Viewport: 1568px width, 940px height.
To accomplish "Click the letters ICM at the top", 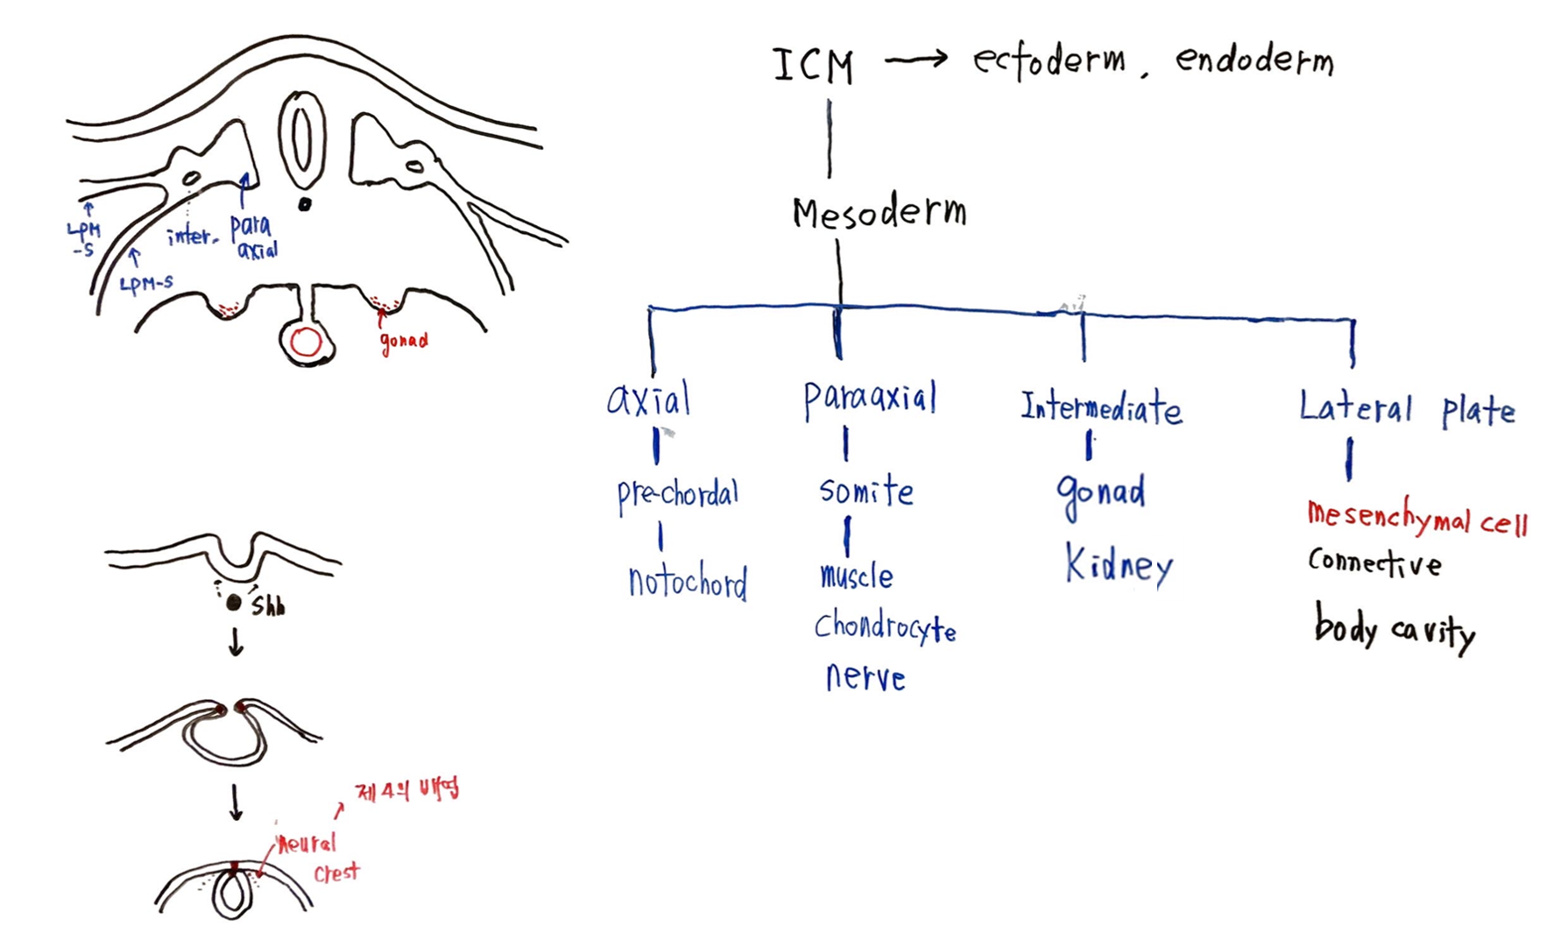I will [812, 67].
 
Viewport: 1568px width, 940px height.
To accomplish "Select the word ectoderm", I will [1049, 61].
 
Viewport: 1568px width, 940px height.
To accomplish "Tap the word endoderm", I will [1254, 60].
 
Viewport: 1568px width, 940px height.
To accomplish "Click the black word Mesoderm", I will [879, 213].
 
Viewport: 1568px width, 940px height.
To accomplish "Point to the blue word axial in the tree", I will [649, 400].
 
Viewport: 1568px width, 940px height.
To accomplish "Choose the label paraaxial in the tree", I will [870, 399].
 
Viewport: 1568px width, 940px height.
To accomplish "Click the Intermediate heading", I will [1101, 408].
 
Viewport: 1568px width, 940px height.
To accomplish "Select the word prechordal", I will [678, 495].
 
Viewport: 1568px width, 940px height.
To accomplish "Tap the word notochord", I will [688, 583].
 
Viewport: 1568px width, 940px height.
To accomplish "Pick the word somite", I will [866, 491].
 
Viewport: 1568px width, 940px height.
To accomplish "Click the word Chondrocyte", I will [885, 628].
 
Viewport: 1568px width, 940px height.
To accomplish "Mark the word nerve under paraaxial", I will [865, 677].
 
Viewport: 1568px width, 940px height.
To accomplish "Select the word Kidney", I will [1119, 566].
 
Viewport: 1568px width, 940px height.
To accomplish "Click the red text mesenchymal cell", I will [1416, 519].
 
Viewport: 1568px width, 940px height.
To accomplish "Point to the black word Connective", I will [1374, 562].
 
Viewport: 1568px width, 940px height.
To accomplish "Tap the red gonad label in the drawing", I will [404, 341].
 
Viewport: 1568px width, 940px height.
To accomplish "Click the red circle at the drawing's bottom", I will [306, 342].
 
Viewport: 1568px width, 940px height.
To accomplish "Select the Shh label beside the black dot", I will [268, 606].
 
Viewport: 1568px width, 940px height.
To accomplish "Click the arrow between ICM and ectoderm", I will [915, 60].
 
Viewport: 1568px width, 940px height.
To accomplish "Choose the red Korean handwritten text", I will [406, 790].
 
